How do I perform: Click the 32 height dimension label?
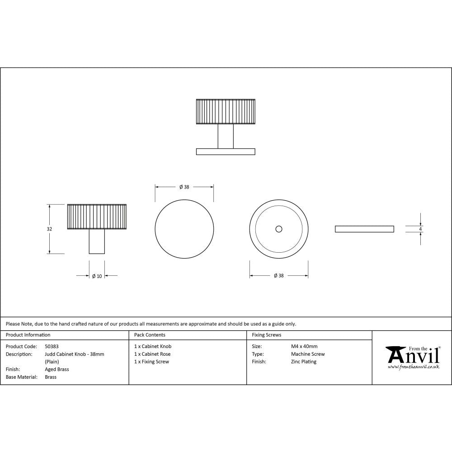49,229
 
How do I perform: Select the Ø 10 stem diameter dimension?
97,276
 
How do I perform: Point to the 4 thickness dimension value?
420,229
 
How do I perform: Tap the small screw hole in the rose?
278,230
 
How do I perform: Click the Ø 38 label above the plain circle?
184,187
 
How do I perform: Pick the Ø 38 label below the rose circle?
279,276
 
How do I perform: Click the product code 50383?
52,346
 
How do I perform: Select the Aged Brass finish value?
57,369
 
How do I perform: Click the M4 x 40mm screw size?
304,346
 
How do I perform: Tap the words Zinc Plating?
304,362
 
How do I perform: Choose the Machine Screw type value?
308,354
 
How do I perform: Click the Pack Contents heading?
150,335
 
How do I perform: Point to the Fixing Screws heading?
266,335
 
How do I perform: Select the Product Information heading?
28,335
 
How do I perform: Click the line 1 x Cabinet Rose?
152,354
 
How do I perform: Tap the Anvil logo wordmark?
413,356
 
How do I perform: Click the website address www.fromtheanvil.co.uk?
413,367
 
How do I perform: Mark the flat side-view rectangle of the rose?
364,229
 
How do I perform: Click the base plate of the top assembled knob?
226,151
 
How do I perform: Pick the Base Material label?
21,377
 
